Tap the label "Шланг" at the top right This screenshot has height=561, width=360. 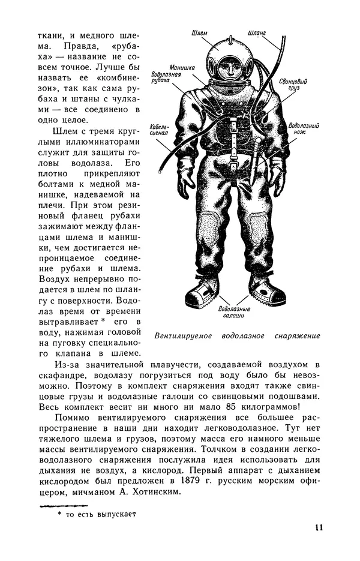[257, 34]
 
